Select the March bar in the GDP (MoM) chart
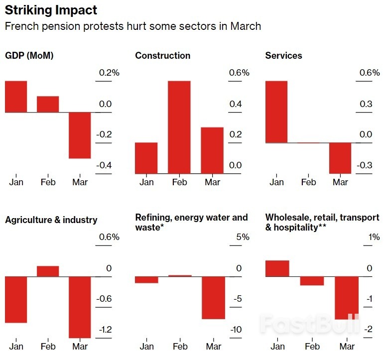click(80, 135)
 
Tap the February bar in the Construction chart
click(179, 127)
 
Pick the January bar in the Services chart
click(276, 112)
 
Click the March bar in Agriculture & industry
click(80, 307)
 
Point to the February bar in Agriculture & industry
click(48, 271)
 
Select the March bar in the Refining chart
click(213, 297)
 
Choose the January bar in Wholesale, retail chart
click(277, 268)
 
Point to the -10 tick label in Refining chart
click(237, 330)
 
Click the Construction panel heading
click(162, 56)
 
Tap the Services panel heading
click(283, 56)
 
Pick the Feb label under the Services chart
click(309, 182)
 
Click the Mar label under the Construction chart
click(212, 182)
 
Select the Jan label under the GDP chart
click(16, 182)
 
